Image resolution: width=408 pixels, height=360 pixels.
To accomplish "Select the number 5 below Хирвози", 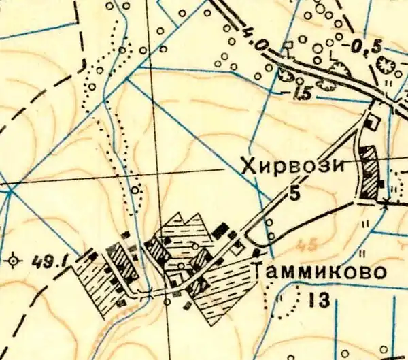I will pyautogui.click(x=295, y=193).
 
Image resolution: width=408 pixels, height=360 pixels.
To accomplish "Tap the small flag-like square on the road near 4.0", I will pyautogui.click(x=288, y=46).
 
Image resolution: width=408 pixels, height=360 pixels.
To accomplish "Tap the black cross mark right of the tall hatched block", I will pyautogui.click(x=386, y=203).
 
